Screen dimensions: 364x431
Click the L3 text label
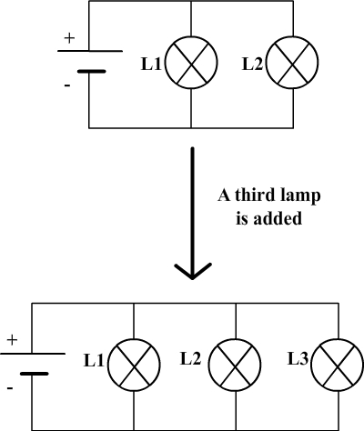(x=298, y=359)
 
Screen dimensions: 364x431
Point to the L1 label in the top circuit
(x=151, y=65)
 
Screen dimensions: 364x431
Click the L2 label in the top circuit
(x=252, y=65)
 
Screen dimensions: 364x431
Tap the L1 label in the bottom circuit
(x=94, y=361)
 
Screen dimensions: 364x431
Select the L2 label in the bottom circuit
(x=191, y=358)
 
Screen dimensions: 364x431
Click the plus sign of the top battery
(x=69, y=38)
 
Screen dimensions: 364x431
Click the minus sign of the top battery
(x=67, y=85)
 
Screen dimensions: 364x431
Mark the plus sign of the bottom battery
(x=12, y=340)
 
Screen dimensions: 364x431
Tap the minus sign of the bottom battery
(x=10, y=388)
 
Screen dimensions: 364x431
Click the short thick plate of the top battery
(x=92, y=72)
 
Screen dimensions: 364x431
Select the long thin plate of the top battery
(x=90, y=51)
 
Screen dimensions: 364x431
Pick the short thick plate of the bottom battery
(x=34, y=374)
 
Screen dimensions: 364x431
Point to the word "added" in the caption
(x=278, y=218)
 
